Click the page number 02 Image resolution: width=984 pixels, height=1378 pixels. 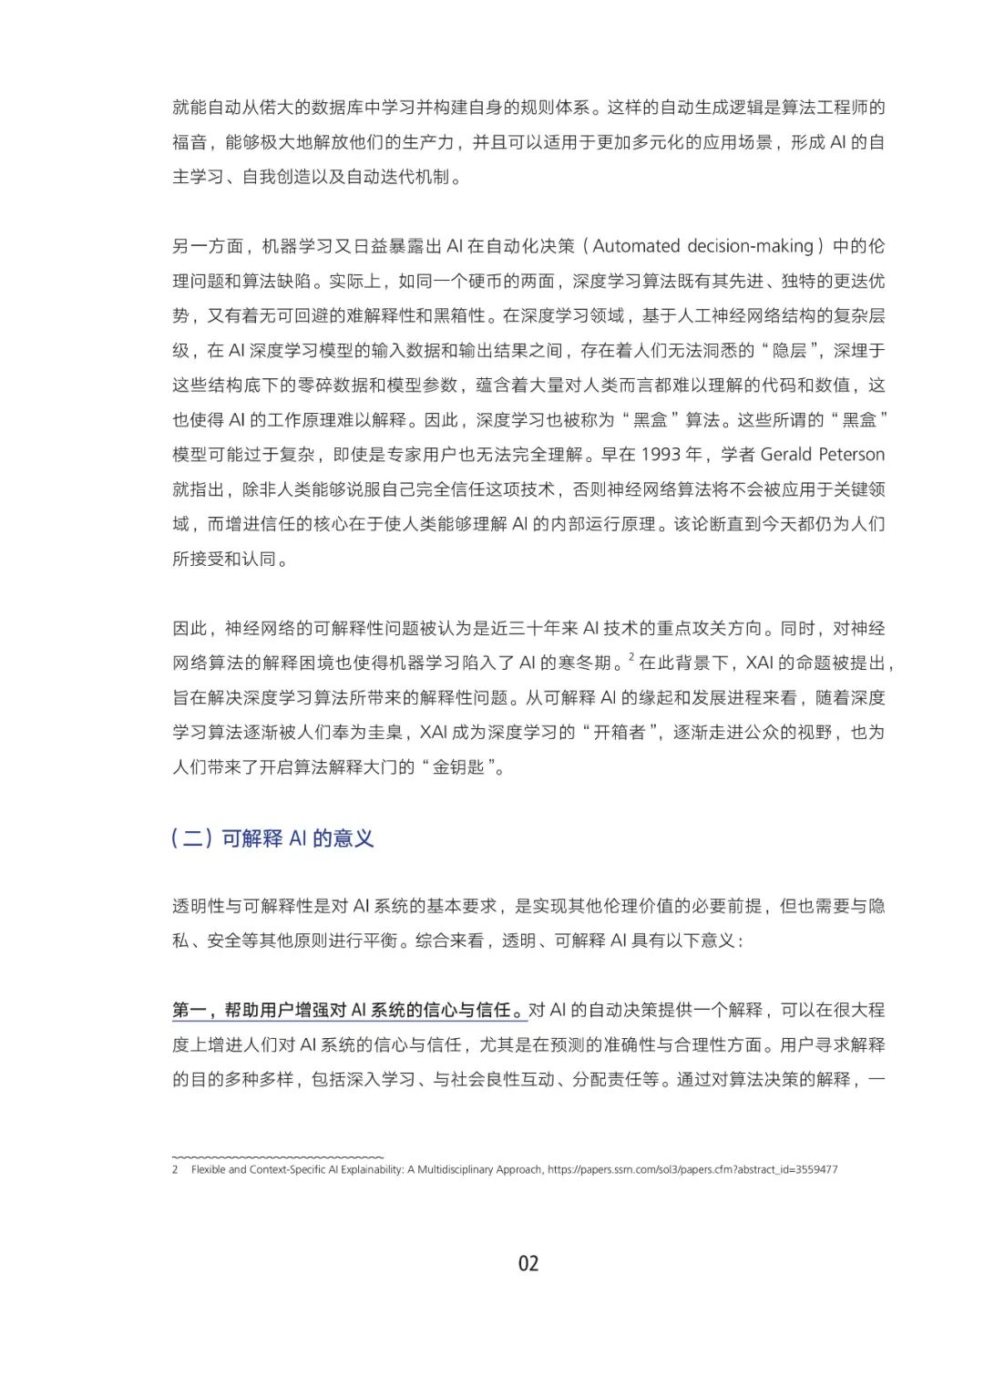[528, 1263]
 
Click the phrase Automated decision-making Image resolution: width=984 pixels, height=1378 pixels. [702, 246]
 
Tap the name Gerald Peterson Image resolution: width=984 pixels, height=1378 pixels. [823, 455]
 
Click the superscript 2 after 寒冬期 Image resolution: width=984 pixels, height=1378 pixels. [631, 656]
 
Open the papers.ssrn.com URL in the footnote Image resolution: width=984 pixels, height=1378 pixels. [692, 1169]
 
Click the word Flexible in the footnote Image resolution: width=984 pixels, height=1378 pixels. [209, 1169]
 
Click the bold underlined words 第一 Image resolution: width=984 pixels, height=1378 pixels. [190, 1010]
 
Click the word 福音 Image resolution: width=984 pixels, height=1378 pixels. [190, 142]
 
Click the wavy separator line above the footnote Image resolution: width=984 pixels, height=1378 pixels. [278, 1156]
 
